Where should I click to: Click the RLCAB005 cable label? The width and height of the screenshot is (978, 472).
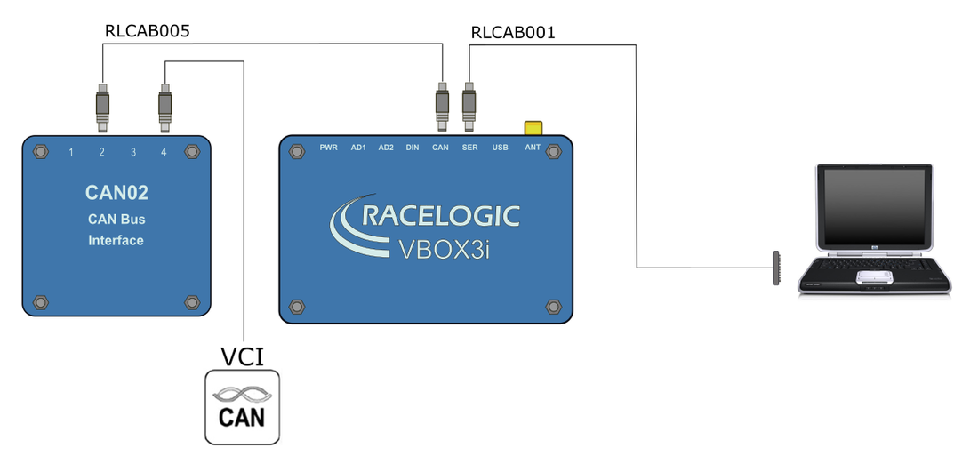point(148,31)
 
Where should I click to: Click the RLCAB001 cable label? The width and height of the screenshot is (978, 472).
point(513,34)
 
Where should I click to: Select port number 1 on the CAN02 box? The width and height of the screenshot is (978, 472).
point(71,153)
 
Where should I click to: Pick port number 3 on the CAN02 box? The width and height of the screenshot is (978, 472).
point(133,153)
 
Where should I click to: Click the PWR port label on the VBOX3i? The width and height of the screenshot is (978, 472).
point(329,148)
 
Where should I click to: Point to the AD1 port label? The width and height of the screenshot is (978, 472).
point(358,148)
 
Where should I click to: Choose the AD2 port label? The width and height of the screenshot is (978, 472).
point(386,148)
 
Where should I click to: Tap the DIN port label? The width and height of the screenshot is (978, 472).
point(413,148)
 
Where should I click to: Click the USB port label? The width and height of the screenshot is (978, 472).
point(500,148)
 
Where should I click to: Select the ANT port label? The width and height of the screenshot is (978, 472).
point(533,148)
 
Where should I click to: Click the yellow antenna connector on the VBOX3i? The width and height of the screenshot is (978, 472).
point(533,129)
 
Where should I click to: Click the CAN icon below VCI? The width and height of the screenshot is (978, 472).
point(243,407)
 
